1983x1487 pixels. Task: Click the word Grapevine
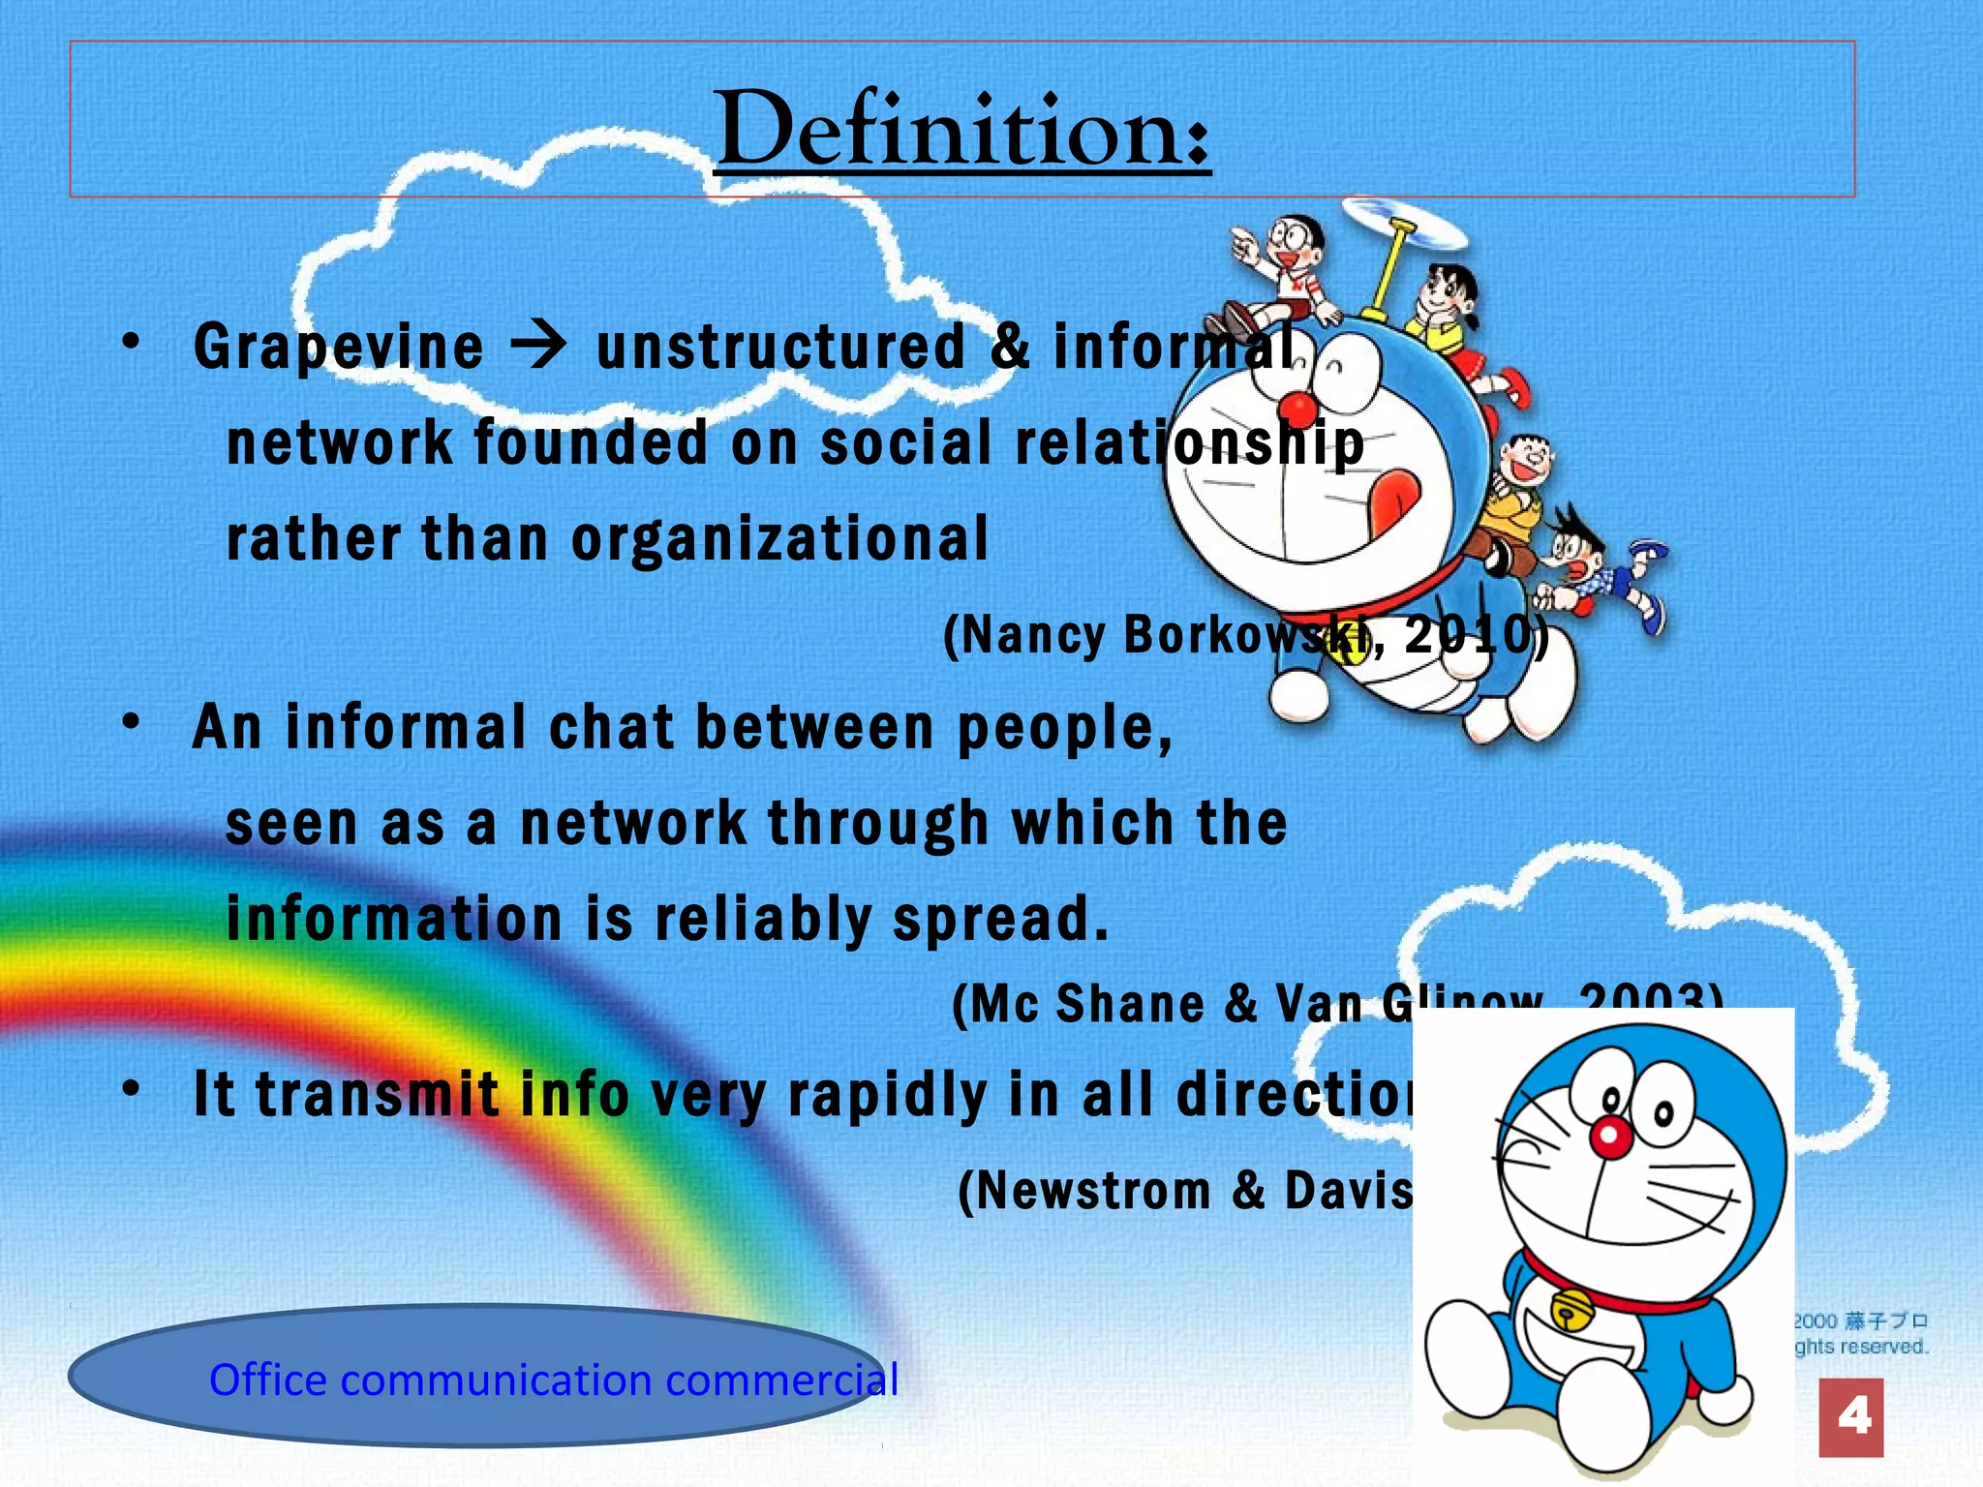[x=338, y=347]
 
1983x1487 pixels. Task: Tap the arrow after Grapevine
[x=538, y=346]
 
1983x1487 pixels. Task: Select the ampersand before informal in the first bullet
[x=1011, y=346]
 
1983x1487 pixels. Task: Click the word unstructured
[x=780, y=346]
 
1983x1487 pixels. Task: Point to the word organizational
[x=779, y=540]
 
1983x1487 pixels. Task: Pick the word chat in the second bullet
[x=610, y=727]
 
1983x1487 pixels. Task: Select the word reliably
[x=763, y=919]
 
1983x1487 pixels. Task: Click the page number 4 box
[x=1850, y=1417]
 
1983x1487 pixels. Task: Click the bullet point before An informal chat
[x=132, y=721]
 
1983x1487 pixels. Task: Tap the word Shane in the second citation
[x=1130, y=1004]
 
